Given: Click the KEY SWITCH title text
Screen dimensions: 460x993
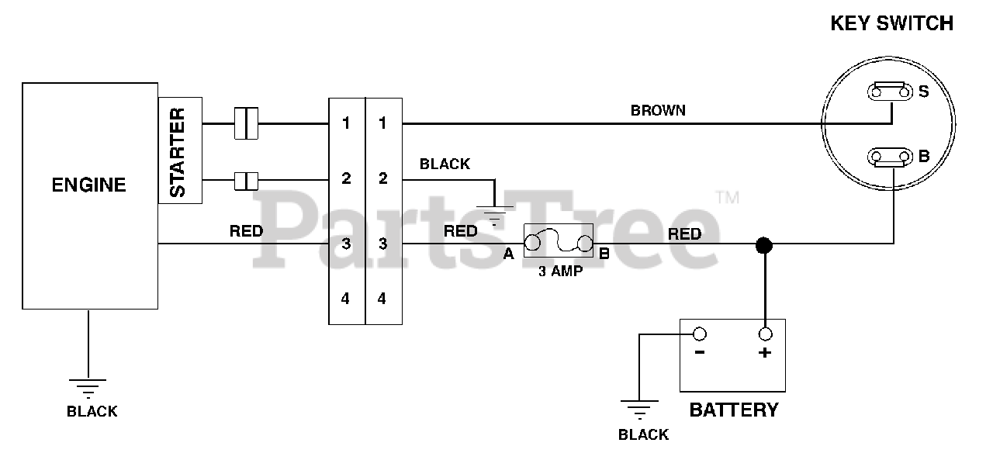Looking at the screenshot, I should (x=891, y=23).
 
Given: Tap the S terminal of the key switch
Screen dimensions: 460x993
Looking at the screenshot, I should (x=891, y=92).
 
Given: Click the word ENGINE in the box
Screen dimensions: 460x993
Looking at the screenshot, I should (x=88, y=185).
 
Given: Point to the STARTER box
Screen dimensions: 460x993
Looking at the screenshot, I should (x=179, y=150).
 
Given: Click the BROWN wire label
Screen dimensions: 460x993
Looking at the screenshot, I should (x=658, y=110).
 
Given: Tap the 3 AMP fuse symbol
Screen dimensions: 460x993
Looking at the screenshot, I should (x=558, y=240).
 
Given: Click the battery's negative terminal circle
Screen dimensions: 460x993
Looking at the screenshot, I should (x=699, y=334).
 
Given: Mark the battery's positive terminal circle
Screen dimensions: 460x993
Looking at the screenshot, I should (x=766, y=334).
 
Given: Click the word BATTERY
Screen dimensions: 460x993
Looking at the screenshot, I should (x=733, y=410).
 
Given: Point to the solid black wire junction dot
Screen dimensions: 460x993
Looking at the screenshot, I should (x=764, y=245).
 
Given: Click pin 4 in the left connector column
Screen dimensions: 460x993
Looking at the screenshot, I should (x=346, y=298).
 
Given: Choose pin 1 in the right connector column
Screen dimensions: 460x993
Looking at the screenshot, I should (x=382, y=123).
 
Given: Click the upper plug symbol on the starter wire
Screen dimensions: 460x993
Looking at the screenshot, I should (x=246, y=123).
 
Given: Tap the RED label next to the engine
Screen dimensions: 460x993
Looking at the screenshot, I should (x=246, y=230).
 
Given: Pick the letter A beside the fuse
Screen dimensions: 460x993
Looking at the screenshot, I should (x=509, y=253).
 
